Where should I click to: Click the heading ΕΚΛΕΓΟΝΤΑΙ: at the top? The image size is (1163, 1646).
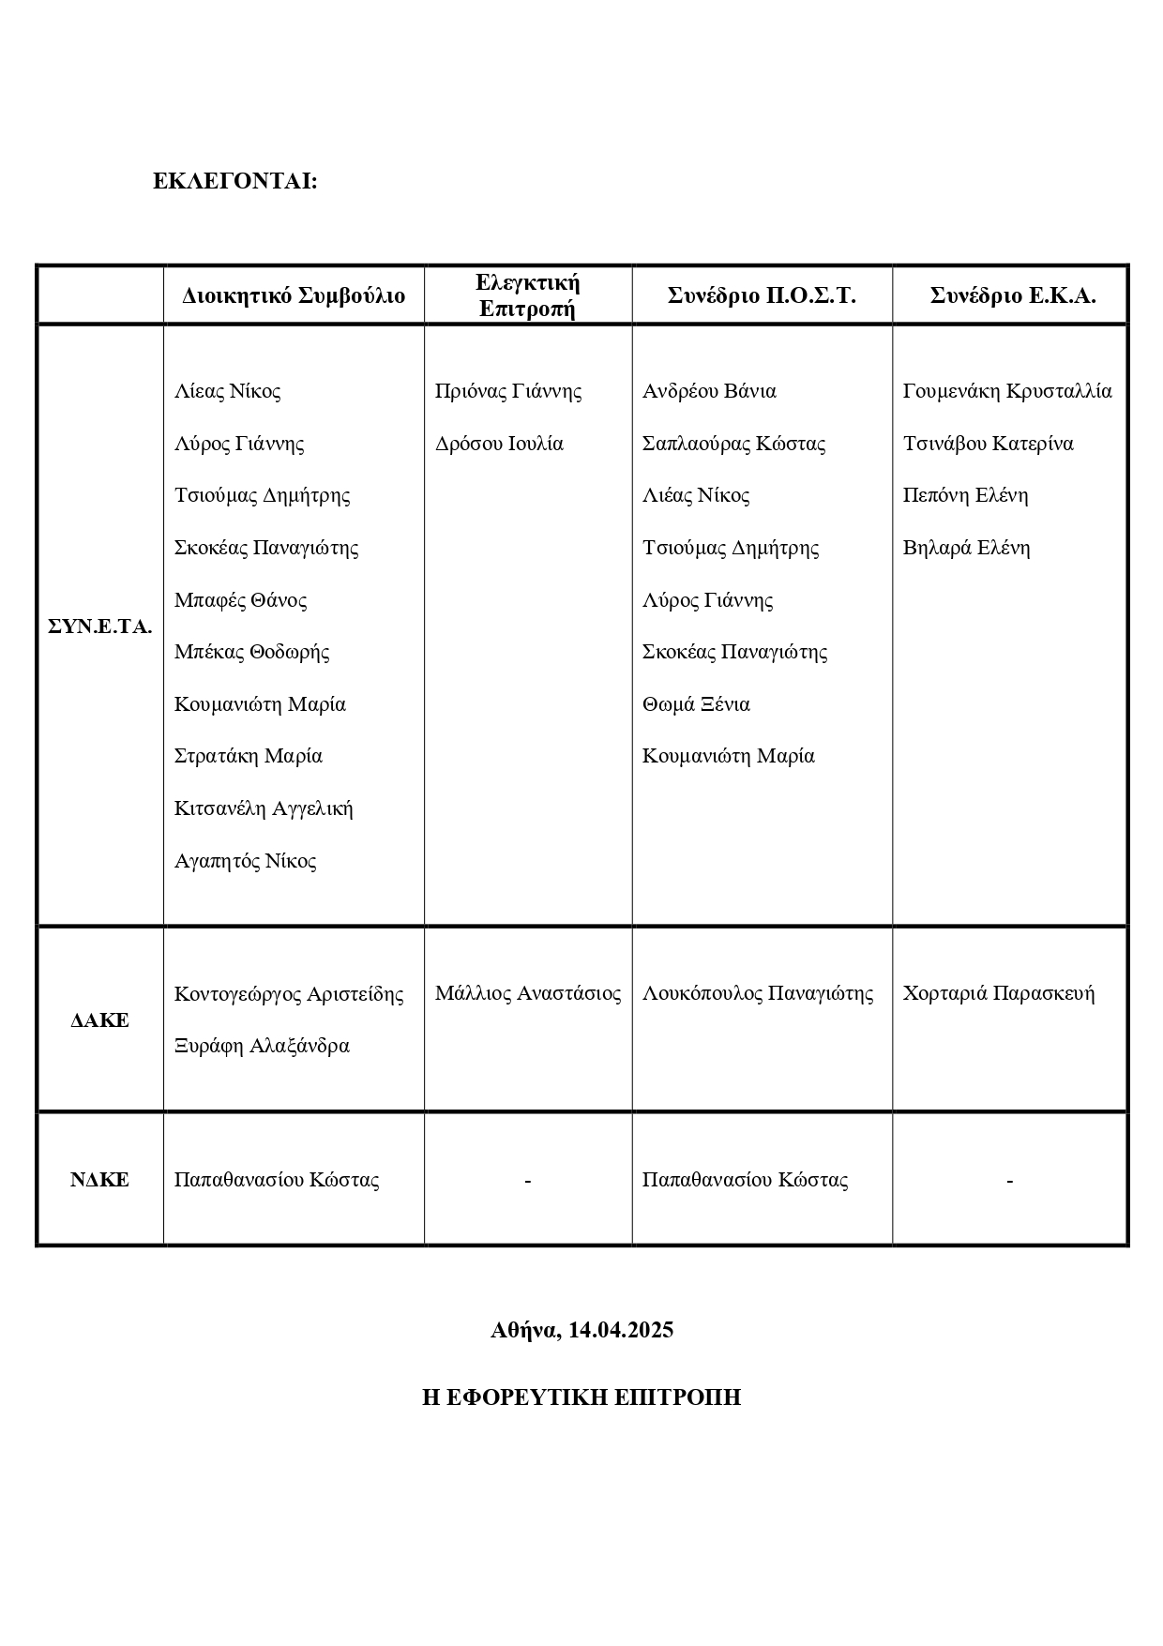(235, 182)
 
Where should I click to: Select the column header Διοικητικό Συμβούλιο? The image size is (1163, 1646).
(294, 296)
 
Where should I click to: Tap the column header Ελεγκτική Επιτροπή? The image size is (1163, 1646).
(528, 295)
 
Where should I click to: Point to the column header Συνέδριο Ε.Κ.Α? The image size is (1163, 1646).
(1012, 295)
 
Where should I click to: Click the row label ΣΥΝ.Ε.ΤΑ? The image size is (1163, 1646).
(99, 627)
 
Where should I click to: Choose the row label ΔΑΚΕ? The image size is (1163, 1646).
(99, 1020)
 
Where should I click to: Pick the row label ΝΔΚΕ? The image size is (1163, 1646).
(99, 1180)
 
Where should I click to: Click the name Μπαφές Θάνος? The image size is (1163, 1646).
(241, 600)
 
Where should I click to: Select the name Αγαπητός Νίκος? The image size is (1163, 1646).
(246, 861)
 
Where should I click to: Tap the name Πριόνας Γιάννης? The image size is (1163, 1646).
(508, 391)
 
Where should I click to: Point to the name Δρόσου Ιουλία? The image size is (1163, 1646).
(499, 444)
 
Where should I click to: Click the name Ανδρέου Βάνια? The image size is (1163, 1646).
(709, 391)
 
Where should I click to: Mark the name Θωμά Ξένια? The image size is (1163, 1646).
(696, 704)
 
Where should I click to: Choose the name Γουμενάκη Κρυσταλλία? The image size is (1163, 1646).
(1007, 391)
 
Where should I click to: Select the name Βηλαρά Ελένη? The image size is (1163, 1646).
(966, 548)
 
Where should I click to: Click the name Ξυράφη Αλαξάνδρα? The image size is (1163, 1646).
(262, 1046)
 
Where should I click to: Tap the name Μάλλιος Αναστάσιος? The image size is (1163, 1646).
(528, 993)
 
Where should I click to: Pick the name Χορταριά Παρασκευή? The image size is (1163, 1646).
(999, 993)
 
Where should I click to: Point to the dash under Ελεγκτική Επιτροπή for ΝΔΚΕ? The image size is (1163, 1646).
(528, 1181)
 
